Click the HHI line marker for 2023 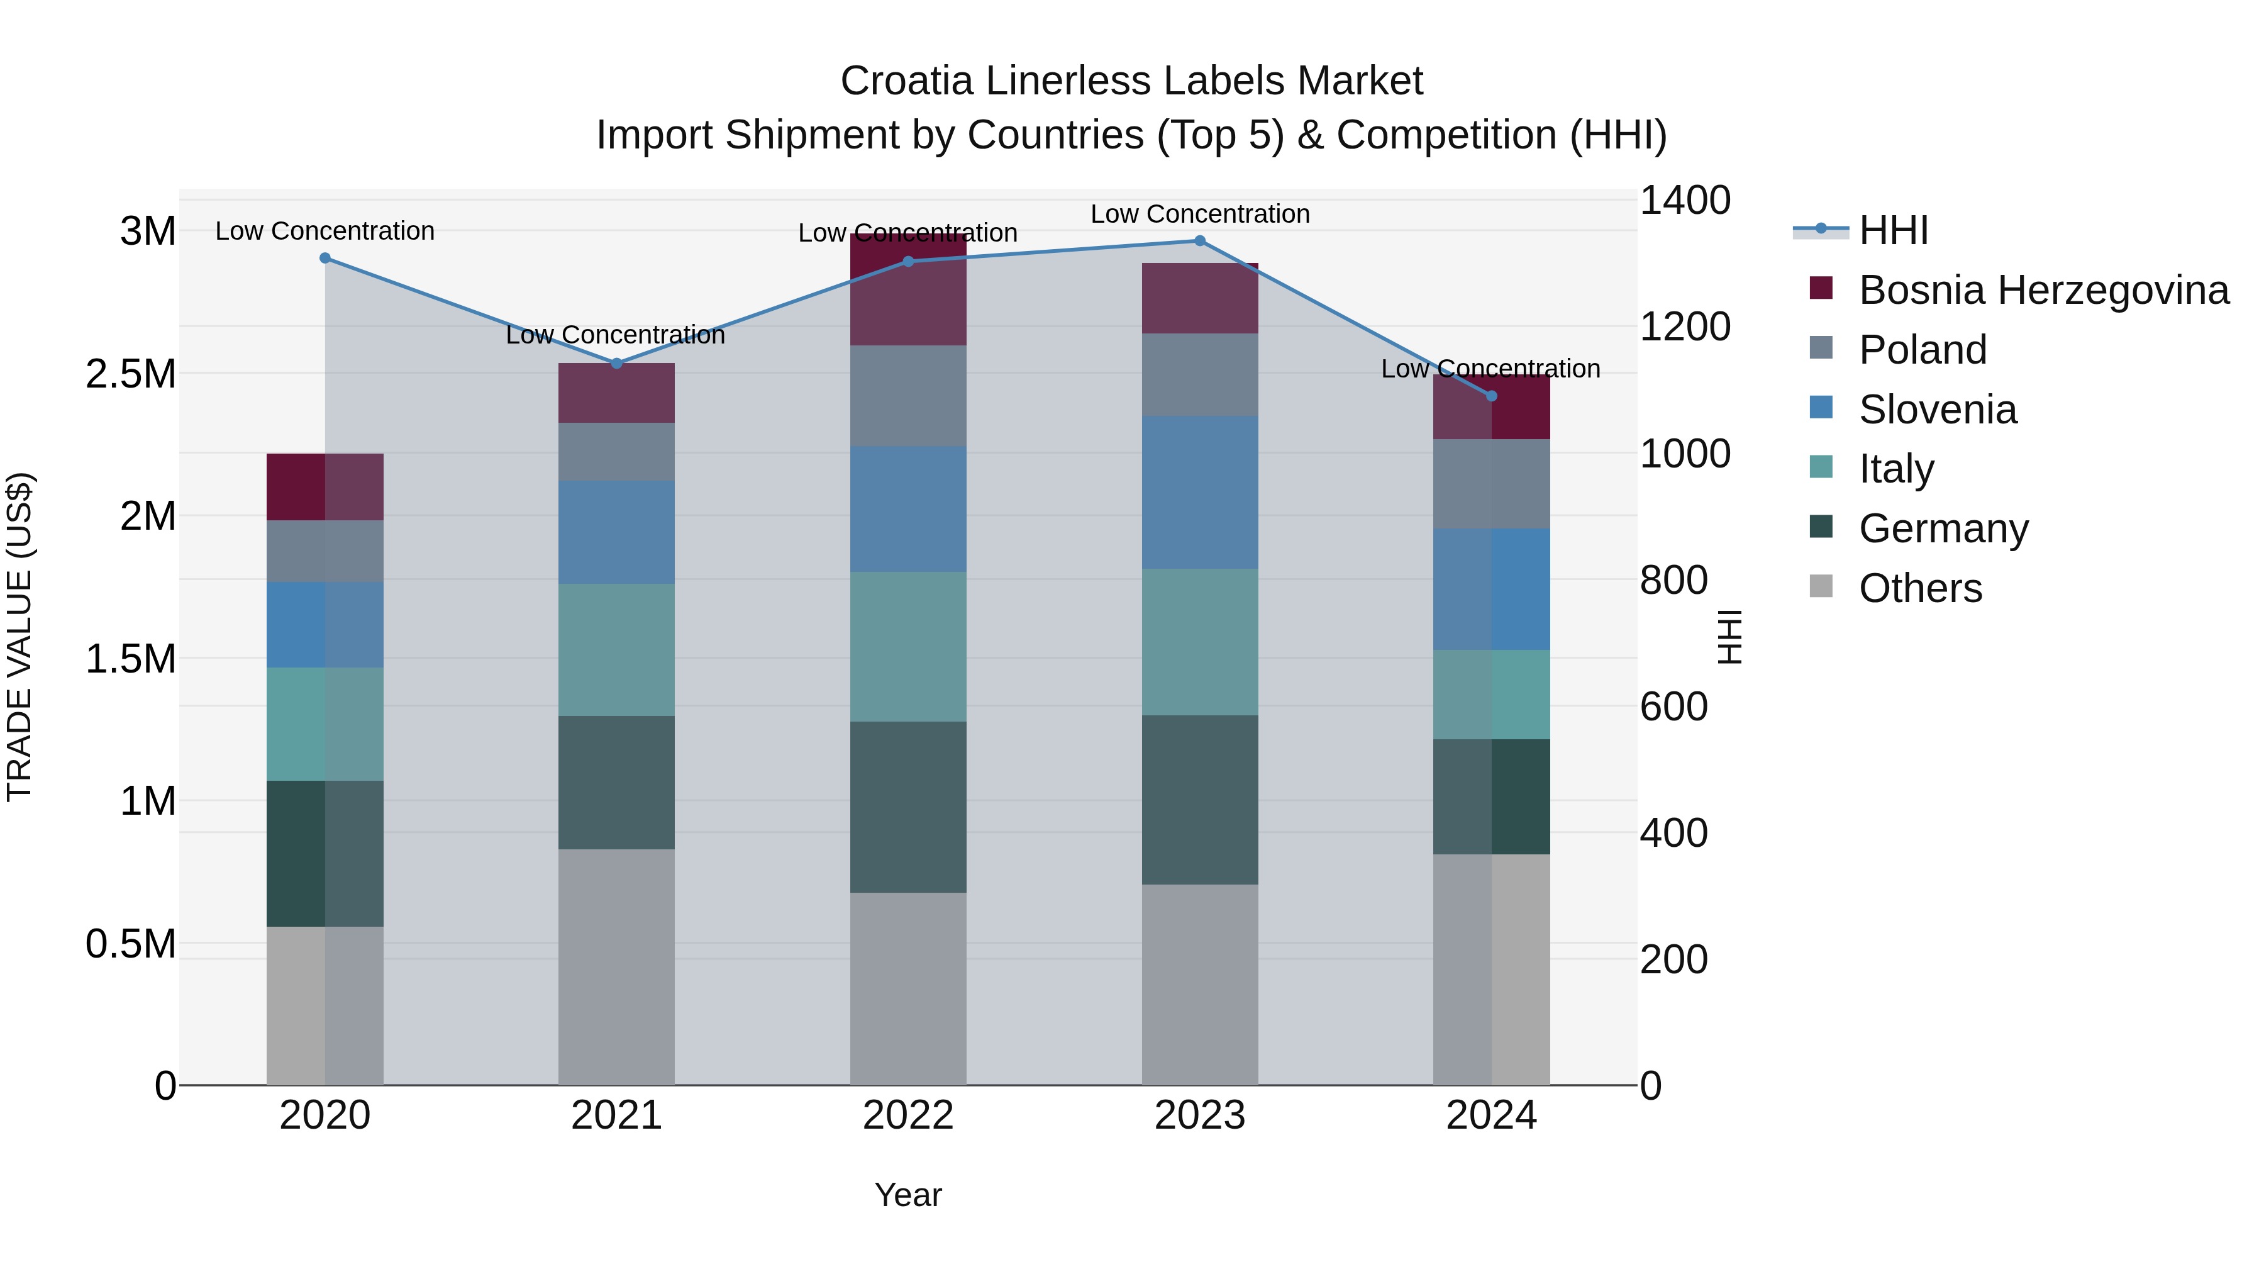1200,241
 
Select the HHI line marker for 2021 616,363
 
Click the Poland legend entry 1922,350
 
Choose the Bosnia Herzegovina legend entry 2043,290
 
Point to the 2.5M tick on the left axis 130,374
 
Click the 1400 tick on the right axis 1685,201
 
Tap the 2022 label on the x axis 908,1115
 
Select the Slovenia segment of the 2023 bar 1200,493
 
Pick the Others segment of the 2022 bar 908,988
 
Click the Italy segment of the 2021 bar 616,650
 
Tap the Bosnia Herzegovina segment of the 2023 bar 1200,298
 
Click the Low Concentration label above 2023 1200,214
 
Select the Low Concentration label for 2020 325,232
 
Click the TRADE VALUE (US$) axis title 19,637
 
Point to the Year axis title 908,1195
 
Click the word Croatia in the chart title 906,81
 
